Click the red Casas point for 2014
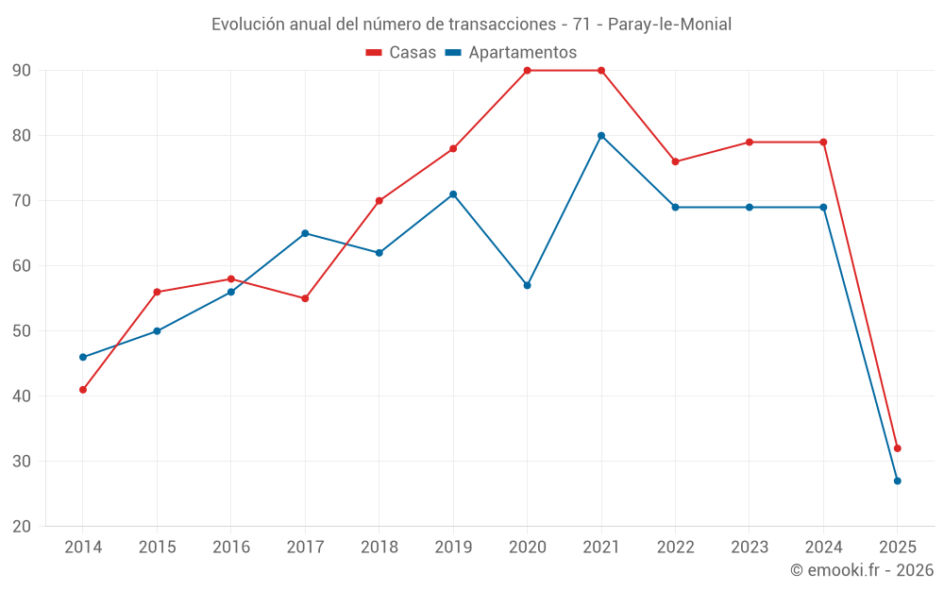click(83, 390)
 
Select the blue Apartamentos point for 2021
click(601, 136)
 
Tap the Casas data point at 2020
click(527, 71)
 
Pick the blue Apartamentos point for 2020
click(527, 285)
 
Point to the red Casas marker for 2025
click(898, 448)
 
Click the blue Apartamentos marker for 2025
click(898, 481)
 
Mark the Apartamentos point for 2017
click(305, 233)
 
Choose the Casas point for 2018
click(379, 201)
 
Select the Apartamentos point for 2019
click(453, 194)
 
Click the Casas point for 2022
click(675, 161)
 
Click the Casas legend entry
click(401, 53)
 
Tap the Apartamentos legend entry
click(511, 53)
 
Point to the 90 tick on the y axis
click(22, 71)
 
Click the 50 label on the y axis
click(22, 331)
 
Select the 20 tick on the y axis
click(22, 527)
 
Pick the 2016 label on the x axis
click(231, 548)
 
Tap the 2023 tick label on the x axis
click(750, 548)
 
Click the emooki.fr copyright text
click(861, 570)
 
